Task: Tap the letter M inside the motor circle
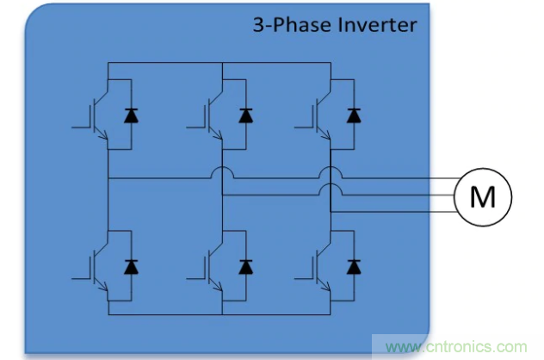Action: point(483,197)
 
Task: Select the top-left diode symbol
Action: point(131,115)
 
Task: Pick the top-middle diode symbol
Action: point(245,115)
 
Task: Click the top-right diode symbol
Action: point(353,115)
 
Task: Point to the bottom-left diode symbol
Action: point(131,267)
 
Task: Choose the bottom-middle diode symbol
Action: point(245,267)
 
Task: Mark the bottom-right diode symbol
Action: point(353,267)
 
